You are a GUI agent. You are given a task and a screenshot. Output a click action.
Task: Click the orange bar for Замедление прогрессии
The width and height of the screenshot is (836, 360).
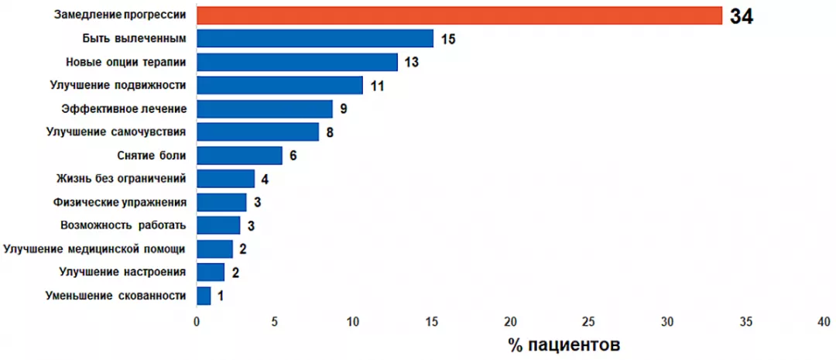pyautogui.click(x=460, y=15)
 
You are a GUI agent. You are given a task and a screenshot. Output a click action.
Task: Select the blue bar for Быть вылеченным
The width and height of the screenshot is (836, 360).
pyautogui.click(x=315, y=39)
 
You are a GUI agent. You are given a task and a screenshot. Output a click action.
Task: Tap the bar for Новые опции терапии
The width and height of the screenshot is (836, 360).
pyautogui.click(x=297, y=62)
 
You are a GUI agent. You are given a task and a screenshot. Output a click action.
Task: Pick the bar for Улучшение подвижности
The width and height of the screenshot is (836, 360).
pyautogui.click(x=280, y=85)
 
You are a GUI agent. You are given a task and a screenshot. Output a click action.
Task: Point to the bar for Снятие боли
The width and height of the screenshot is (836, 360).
pyautogui.click(x=240, y=156)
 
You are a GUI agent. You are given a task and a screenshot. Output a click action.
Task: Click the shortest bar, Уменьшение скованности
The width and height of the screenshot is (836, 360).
pyautogui.click(x=204, y=296)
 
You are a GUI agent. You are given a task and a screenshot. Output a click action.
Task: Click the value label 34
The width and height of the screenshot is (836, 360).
pyautogui.click(x=741, y=16)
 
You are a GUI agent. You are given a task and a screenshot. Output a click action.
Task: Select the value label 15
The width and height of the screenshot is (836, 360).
pyautogui.click(x=448, y=39)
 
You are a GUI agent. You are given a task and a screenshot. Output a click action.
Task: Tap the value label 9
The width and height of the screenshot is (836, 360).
pyautogui.click(x=343, y=109)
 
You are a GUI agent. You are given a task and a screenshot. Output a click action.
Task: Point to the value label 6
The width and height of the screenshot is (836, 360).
pyautogui.click(x=293, y=156)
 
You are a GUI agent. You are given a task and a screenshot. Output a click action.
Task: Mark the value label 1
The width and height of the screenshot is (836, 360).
pyautogui.click(x=221, y=296)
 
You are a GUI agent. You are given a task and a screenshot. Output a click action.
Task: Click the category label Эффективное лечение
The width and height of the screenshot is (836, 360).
pyautogui.click(x=124, y=108)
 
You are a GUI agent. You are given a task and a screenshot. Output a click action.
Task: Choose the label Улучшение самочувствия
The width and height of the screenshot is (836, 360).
pyautogui.click(x=116, y=132)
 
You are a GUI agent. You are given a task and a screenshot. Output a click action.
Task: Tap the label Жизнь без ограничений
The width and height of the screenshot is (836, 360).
pyautogui.click(x=122, y=179)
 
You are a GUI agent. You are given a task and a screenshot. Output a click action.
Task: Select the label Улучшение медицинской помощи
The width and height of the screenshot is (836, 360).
pyautogui.click(x=94, y=249)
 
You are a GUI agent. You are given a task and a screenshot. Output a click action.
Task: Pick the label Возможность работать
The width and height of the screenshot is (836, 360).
pyautogui.click(x=123, y=225)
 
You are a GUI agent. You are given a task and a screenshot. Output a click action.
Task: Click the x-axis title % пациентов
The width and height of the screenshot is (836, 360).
pyautogui.click(x=564, y=344)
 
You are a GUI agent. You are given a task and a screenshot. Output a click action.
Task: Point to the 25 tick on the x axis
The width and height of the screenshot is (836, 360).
pyautogui.click(x=588, y=321)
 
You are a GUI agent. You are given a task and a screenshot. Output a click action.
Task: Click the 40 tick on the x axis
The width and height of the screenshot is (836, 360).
pyautogui.click(x=824, y=321)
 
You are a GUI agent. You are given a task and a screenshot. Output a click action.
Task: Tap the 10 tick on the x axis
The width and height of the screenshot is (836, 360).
pyautogui.click(x=353, y=321)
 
